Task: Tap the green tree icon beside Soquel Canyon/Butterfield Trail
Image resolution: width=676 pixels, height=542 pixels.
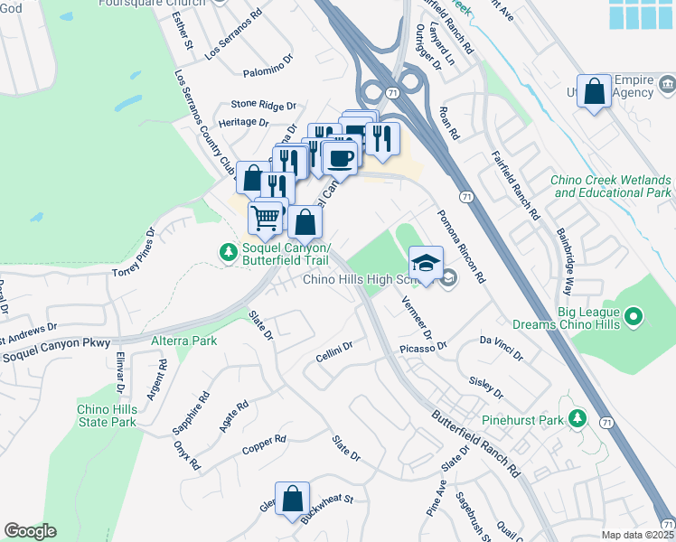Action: tap(229, 250)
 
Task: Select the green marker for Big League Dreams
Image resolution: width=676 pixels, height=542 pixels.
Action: tap(634, 316)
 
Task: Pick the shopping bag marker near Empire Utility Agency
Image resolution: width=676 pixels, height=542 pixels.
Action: tap(595, 92)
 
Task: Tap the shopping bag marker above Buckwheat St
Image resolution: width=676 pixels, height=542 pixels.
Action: tap(293, 499)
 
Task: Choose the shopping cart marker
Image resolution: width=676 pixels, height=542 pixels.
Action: tap(266, 218)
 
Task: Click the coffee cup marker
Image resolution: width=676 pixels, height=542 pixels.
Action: tap(340, 158)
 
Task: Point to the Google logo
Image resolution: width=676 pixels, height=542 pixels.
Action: tap(31, 531)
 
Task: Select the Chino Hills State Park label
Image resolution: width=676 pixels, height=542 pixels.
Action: tap(106, 416)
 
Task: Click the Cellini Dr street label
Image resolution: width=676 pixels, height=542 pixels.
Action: tap(333, 351)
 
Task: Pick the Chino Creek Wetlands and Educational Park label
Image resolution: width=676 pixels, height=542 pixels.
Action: tap(612, 186)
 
